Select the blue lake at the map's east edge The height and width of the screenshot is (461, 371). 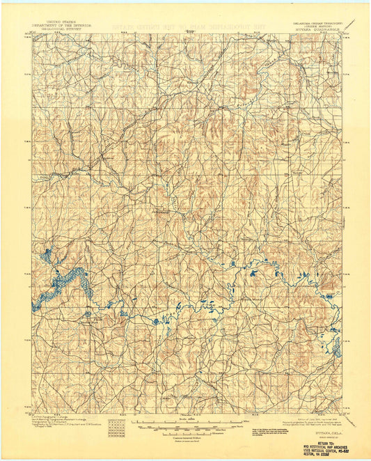(337, 346)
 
